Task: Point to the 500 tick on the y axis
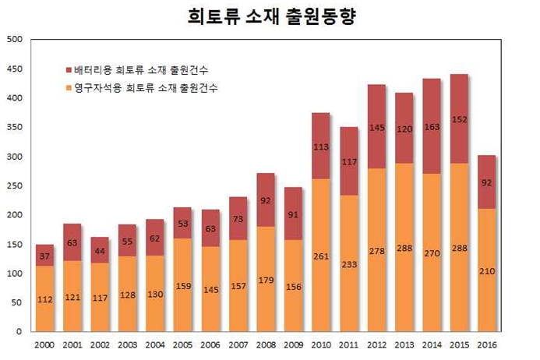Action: pos(14,39)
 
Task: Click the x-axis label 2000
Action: pos(45,344)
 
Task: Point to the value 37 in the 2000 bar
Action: pos(45,257)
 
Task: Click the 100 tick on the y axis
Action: pos(14,274)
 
